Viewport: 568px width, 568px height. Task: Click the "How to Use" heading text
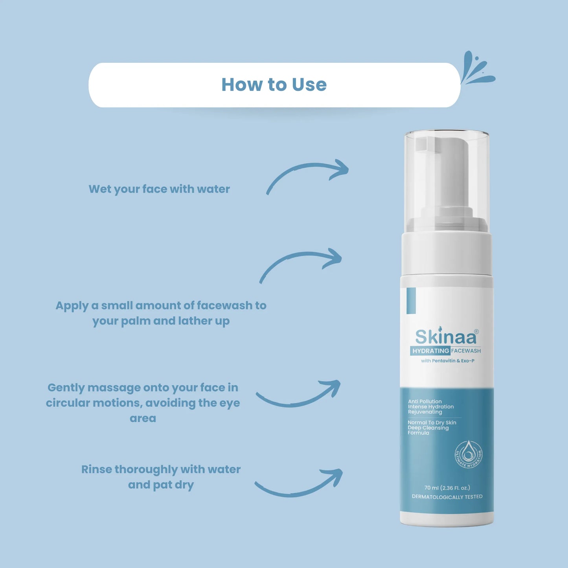tap(274, 85)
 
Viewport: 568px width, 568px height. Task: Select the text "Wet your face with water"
tap(159, 189)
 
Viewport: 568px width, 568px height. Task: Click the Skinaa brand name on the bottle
tap(446, 337)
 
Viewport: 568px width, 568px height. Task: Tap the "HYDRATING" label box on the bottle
tap(430, 351)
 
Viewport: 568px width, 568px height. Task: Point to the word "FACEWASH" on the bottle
tap(466, 351)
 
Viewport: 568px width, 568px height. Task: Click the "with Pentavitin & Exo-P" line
tap(447, 361)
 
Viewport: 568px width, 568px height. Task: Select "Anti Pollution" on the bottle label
tap(425, 401)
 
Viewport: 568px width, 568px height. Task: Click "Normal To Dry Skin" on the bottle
tap(432, 423)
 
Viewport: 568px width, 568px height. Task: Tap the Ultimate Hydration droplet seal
tap(468, 454)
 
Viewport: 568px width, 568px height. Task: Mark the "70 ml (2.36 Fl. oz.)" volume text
tap(447, 488)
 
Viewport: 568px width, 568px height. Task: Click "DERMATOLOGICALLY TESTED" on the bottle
tap(447, 497)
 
